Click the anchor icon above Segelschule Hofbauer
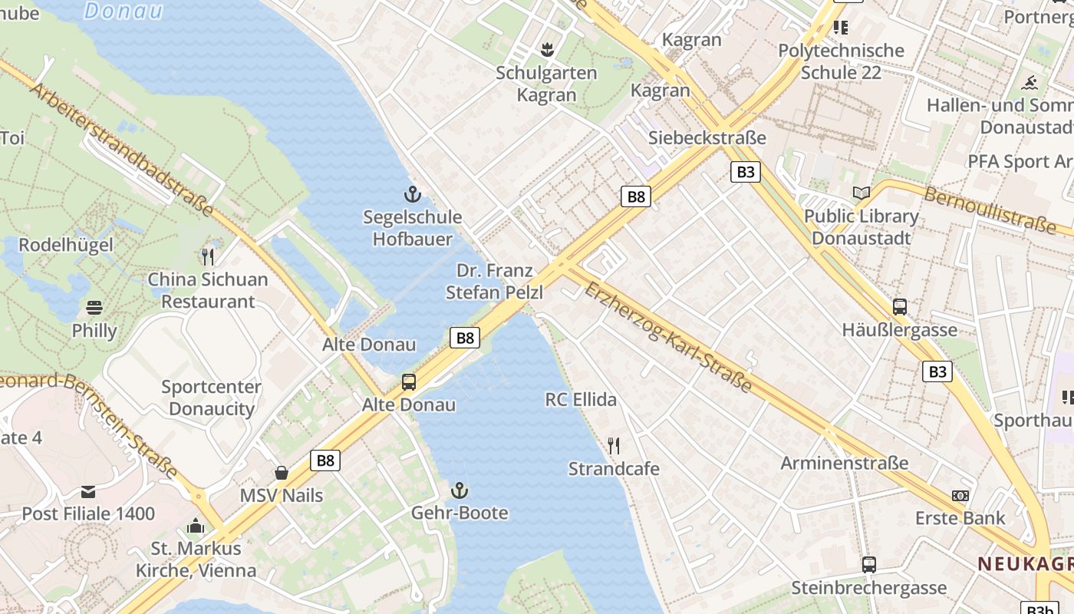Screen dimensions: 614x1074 pyautogui.click(x=413, y=194)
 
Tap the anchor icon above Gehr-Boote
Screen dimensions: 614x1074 pyautogui.click(x=459, y=490)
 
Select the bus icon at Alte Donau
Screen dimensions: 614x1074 pyautogui.click(x=409, y=381)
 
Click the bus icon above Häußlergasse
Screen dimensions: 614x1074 pyautogui.click(x=900, y=307)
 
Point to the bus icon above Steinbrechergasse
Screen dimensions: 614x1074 pyautogui.click(x=868, y=565)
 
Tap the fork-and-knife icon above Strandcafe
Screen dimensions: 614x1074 pyautogui.click(x=613, y=445)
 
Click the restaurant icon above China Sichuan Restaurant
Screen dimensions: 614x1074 pyautogui.click(x=207, y=256)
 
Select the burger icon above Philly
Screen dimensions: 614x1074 pyautogui.click(x=94, y=308)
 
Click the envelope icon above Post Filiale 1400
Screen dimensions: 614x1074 pyautogui.click(x=88, y=490)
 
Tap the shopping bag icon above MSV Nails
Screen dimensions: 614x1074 pyautogui.click(x=282, y=473)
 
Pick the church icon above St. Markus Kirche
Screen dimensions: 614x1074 pyautogui.click(x=196, y=526)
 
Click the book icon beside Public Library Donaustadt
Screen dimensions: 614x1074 pyautogui.click(x=862, y=193)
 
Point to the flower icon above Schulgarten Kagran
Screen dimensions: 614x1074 pyautogui.click(x=546, y=50)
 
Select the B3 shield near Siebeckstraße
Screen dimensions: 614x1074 pyautogui.click(x=745, y=172)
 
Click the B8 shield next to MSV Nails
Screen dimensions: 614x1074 pyautogui.click(x=325, y=460)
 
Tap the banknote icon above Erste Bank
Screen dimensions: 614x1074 pyautogui.click(x=960, y=495)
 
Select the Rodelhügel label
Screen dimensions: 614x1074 pyautogui.click(x=66, y=245)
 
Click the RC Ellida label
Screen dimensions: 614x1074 pyautogui.click(x=581, y=399)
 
